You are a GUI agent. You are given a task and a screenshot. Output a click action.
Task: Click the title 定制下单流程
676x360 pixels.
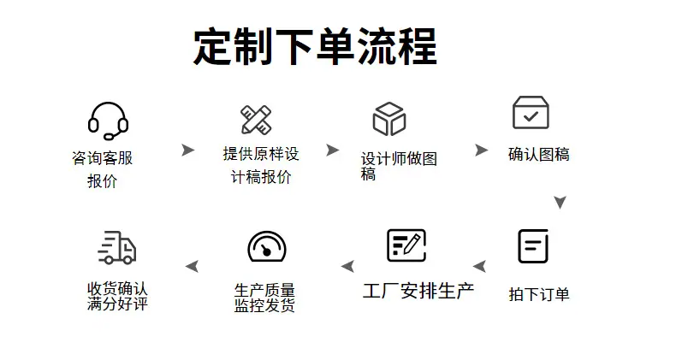315,46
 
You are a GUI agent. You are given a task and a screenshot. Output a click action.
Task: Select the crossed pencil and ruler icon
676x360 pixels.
256,120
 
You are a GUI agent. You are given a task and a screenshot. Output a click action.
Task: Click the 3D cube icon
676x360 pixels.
389,119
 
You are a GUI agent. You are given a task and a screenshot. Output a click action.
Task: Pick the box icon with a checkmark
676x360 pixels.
531,112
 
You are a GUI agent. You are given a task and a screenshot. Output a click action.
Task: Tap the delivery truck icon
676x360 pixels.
117,247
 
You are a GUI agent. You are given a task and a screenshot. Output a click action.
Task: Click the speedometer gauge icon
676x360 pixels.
267,247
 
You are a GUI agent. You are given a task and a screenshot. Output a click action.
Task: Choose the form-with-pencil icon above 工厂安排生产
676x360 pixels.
406,245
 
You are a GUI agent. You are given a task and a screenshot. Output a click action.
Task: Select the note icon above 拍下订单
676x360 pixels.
533,246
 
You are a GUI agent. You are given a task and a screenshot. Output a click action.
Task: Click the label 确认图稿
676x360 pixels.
539,154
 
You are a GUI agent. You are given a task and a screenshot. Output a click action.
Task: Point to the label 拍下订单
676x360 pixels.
539,294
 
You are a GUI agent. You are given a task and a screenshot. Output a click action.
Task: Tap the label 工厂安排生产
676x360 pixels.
418,291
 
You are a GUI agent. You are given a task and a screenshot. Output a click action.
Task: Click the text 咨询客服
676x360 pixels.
102,158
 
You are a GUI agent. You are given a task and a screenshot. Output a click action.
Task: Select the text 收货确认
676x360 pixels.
117,288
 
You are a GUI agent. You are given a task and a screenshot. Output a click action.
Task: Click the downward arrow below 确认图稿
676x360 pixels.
560,203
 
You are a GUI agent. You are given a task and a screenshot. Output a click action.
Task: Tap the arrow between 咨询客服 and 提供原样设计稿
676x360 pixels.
188,150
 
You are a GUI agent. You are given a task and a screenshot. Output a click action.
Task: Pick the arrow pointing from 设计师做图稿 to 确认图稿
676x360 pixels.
481,150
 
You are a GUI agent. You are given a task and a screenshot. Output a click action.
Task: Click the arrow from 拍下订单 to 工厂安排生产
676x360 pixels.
479,266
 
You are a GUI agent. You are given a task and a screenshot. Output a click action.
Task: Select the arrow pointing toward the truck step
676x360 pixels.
193,266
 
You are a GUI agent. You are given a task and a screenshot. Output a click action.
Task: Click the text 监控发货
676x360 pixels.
264,305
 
